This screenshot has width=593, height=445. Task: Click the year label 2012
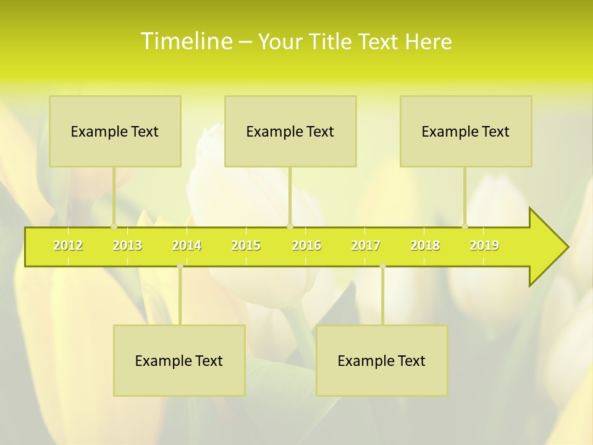coord(68,245)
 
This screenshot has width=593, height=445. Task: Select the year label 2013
coord(127,245)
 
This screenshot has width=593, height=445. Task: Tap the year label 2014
coord(187,245)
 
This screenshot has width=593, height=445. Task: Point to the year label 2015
coord(246,245)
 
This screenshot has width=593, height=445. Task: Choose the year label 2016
coord(306,245)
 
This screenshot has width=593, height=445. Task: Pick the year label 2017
coord(366,245)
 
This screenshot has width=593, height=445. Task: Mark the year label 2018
coord(425,245)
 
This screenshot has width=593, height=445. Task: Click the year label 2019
coord(484,245)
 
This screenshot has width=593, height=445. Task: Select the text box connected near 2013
coord(115,131)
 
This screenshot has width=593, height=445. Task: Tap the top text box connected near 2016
coord(290,131)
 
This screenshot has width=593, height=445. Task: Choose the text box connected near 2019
coord(466,131)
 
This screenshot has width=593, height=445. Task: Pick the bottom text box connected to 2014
coord(179,360)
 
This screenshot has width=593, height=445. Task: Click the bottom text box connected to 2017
coord(382,360)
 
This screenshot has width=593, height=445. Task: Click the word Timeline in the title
coord(186,41)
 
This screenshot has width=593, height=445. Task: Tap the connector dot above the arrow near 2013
coord(114,226)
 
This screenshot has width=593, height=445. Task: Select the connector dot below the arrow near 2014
coord(180,266)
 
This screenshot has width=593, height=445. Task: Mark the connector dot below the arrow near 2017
coord(382,266)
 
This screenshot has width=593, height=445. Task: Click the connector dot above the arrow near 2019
coord(465,226)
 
